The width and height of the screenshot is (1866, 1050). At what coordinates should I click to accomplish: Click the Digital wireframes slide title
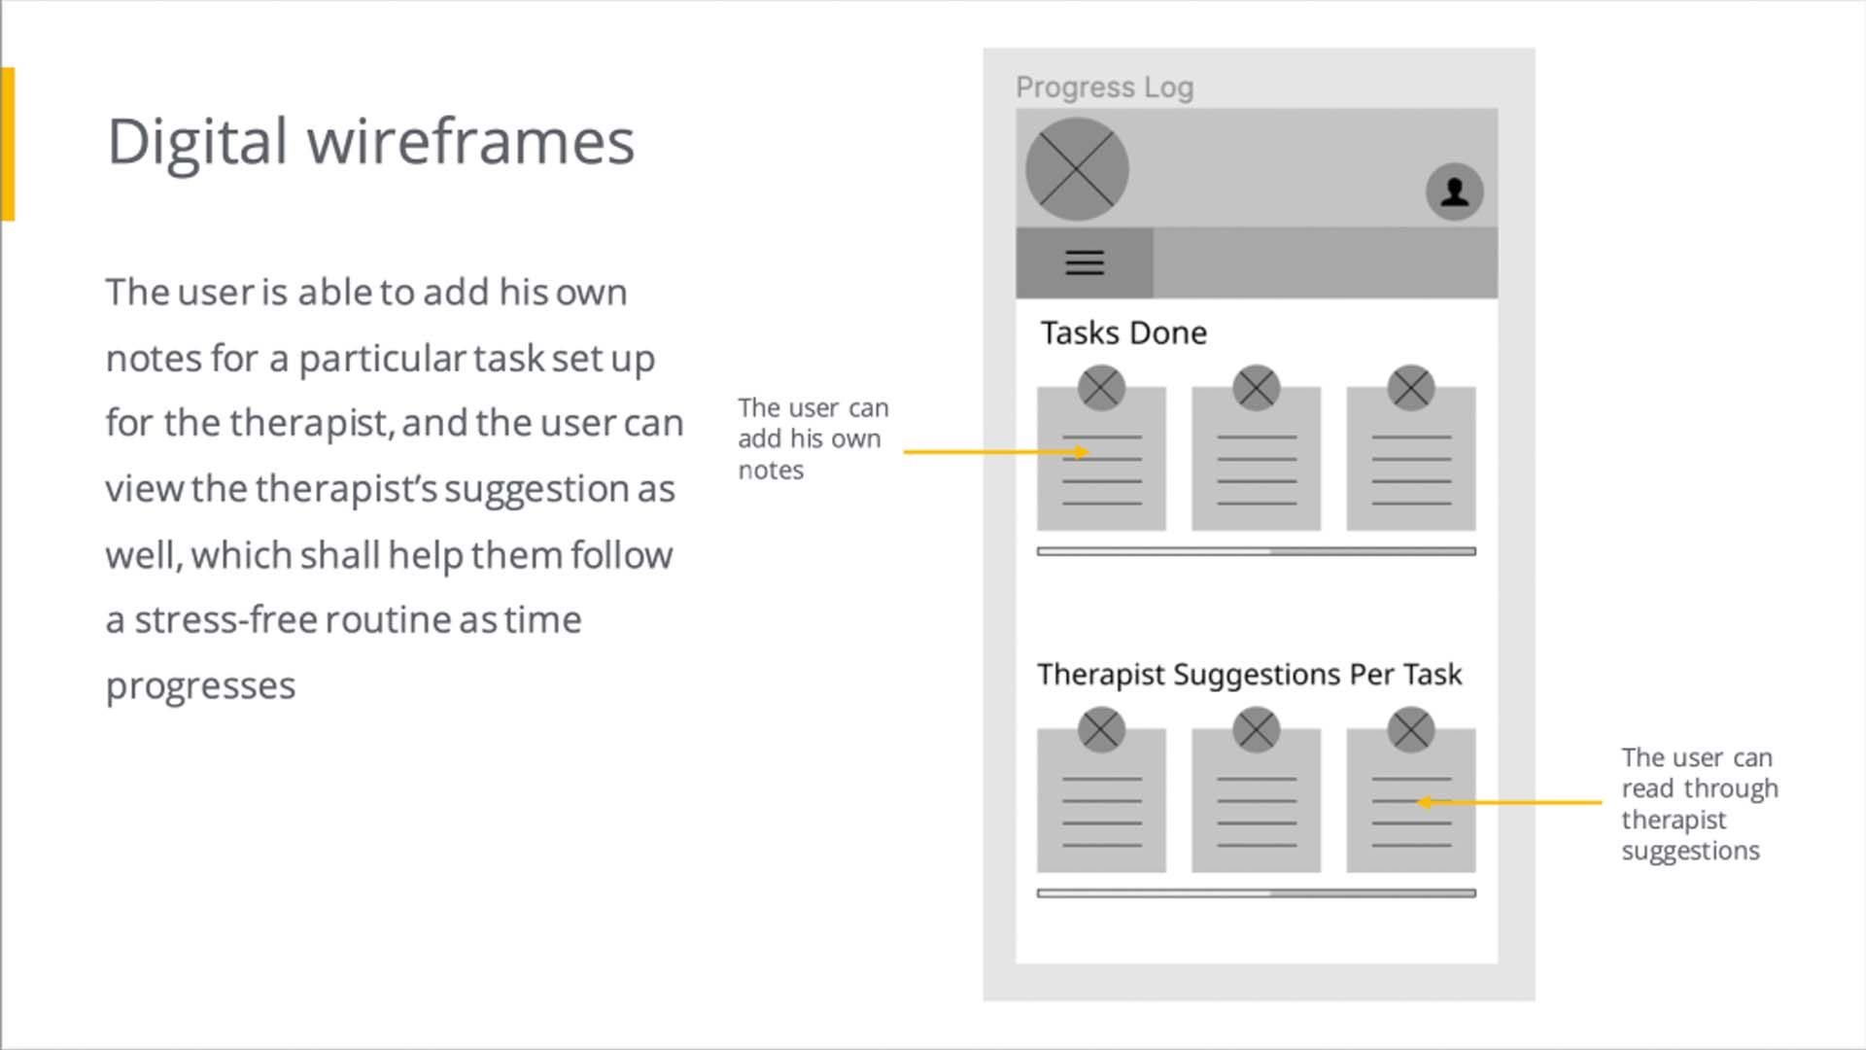click(370, 142)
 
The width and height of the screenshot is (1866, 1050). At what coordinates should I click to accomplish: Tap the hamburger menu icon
click(1085, 262)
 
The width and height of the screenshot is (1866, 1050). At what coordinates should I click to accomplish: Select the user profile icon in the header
click(1454, 192)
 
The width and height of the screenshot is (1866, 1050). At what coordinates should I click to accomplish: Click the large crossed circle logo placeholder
click(1077, 169)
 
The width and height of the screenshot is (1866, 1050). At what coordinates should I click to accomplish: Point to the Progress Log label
click(1105, 87)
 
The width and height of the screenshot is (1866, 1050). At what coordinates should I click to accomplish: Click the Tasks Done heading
click(1123, 333)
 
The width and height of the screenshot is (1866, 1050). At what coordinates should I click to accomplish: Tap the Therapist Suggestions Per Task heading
click(1249, 675)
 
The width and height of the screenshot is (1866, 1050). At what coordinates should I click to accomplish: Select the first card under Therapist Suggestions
click(1101, 800)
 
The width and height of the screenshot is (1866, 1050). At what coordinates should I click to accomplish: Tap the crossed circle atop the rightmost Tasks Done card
click(1411, 388)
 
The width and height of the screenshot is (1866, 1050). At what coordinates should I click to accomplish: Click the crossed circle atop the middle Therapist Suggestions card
click(1256, 730)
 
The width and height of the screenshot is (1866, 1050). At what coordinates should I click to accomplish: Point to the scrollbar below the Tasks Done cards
click(1256, 551)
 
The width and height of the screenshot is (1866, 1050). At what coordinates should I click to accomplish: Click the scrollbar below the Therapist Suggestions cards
click(1256, 893)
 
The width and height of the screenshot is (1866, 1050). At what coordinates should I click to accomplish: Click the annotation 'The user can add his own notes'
click(813, 438)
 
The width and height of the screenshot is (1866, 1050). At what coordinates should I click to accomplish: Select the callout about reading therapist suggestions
click(1700, 804)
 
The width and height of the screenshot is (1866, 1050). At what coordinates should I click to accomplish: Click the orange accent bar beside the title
click(8, 144)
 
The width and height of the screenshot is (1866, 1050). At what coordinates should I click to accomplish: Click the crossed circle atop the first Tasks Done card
click(1101, 388)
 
